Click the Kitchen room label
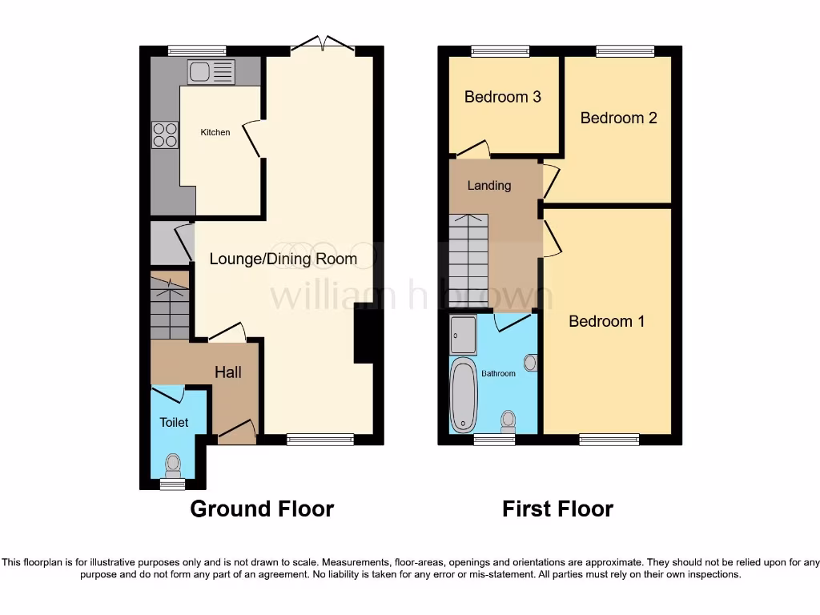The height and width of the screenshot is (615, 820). [x=215, y=132]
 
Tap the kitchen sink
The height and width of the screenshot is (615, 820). [x=211, y=72]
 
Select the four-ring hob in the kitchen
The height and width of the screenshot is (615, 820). [x=165, y=134]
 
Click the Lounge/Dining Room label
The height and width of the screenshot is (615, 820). [x=283, y=259]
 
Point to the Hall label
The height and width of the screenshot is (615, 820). [x=227, y=372]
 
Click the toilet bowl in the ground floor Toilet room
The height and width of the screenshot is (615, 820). [x=172, y=463]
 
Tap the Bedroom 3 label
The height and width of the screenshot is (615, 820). [x=503, y=97]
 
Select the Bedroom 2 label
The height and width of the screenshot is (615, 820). [x=618, y=118]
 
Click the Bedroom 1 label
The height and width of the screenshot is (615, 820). [x=606, y=321]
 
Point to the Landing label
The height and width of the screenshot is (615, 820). [x=488, y=185]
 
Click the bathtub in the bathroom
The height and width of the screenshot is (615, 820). [x=462, y=395]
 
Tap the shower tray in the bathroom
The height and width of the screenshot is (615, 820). [x=463, y=335]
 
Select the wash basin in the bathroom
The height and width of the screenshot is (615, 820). [x=530, y=363]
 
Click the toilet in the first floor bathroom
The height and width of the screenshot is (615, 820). [x=508, y=420]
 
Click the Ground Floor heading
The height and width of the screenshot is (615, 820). [x=262, y=508]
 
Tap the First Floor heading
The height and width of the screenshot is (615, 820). [x=557, y=508]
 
